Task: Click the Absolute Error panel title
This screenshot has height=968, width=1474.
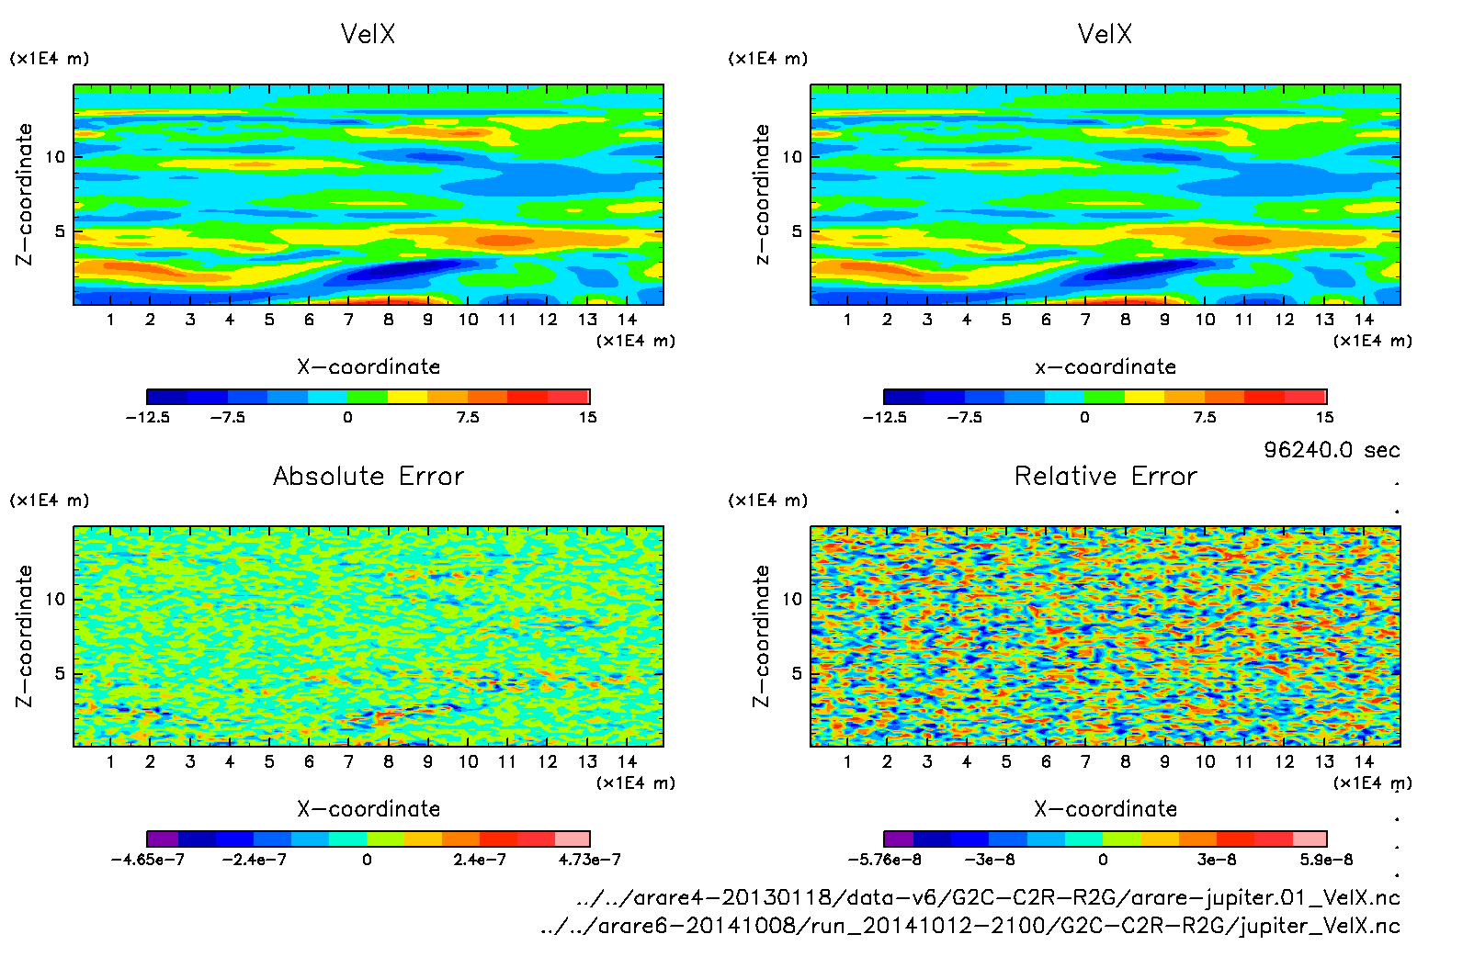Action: [368, 476]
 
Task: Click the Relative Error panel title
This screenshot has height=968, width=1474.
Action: [1105, 476]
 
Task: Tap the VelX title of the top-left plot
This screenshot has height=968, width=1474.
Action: [368, 34]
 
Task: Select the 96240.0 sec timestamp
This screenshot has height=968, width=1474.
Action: [1332, 450]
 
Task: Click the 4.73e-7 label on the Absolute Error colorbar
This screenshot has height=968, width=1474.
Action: [589, 860]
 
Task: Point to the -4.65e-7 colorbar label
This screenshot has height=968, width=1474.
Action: [147, 860]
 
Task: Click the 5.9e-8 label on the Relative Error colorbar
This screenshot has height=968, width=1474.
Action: [1326, 860]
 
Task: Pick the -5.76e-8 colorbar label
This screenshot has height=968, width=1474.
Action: [884, 860]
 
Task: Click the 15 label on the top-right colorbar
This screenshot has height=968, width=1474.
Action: [1324, 417]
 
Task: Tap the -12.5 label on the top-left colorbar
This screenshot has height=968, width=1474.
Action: [147, 417]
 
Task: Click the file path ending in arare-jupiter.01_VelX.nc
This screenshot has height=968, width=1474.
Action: [988, 897]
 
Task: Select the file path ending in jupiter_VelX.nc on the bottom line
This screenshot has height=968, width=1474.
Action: [970, 926]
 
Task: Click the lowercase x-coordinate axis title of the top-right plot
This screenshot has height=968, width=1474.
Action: [1105, 366]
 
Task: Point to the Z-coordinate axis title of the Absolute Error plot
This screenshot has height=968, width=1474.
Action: [25, 636]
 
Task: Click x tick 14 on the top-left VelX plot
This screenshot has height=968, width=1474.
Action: [627, 320]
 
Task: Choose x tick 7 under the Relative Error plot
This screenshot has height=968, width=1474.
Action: [1085, 761]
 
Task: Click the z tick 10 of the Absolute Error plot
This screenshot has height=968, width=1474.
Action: [56, 599]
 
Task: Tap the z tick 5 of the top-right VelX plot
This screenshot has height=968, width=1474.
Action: [797, 231]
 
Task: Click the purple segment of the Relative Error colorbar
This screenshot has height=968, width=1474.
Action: [898, 839]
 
